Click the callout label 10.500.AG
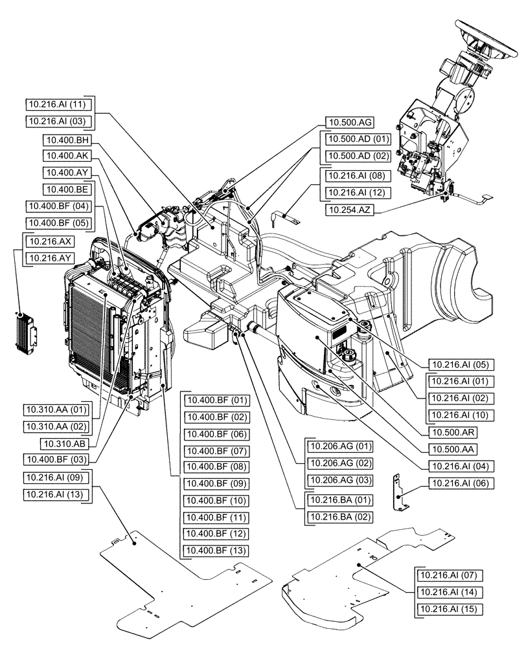click(x=349, y=122)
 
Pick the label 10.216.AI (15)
click(x=448, y=609)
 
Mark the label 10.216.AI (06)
click(x=448, y=483)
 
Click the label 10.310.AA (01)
click(x=58, y=410)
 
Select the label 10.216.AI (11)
click(x=58, y=104)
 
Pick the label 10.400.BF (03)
click(x=58, y=460)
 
